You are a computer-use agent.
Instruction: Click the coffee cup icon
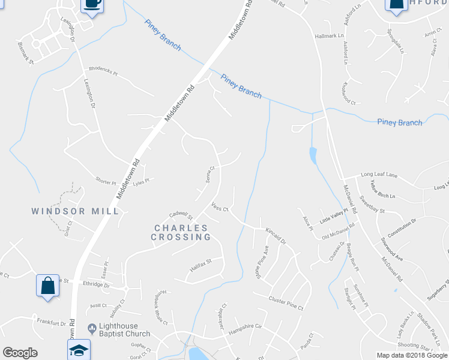91,4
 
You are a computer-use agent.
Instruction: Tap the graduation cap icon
78,349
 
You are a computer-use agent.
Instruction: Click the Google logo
20,353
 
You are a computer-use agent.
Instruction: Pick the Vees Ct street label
221,208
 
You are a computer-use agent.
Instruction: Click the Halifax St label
202,264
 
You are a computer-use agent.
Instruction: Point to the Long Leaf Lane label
379,175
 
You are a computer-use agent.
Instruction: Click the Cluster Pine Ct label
286,303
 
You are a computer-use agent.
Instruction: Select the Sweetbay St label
373,203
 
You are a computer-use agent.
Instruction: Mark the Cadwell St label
181,215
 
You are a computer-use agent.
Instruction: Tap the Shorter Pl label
105,180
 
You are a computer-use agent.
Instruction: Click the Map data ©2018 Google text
412,355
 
